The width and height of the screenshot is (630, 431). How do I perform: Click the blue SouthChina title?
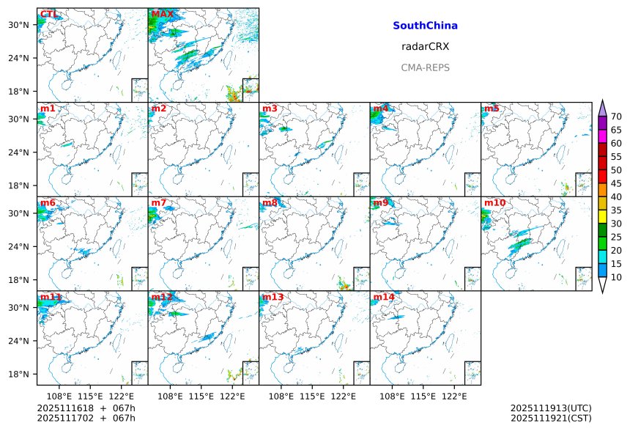click(x=425, y=26)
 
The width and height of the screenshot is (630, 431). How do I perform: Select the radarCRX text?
click(x=425, y=46)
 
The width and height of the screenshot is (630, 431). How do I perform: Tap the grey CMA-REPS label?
click(x=425, y=67)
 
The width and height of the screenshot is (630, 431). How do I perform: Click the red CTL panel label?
click(x=50, y=14)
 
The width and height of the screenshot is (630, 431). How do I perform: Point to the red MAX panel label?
click(x=162, y=14)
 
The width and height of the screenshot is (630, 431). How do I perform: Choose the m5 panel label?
click(x=491, y=108)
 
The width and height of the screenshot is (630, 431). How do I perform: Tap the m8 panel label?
click(x=270, y=202)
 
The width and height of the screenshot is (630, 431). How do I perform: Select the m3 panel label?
click(x=270, y=108)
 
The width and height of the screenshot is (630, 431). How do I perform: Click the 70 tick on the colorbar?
click(x=616, y=117)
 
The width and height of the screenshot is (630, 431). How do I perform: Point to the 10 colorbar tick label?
click(x=616, y=277)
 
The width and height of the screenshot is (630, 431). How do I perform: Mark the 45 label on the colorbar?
click(x=616, y=183)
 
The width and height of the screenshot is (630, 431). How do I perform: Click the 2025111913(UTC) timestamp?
click(x=551, y=408)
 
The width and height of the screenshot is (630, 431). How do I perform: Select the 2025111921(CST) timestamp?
click(x=551, y=418)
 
